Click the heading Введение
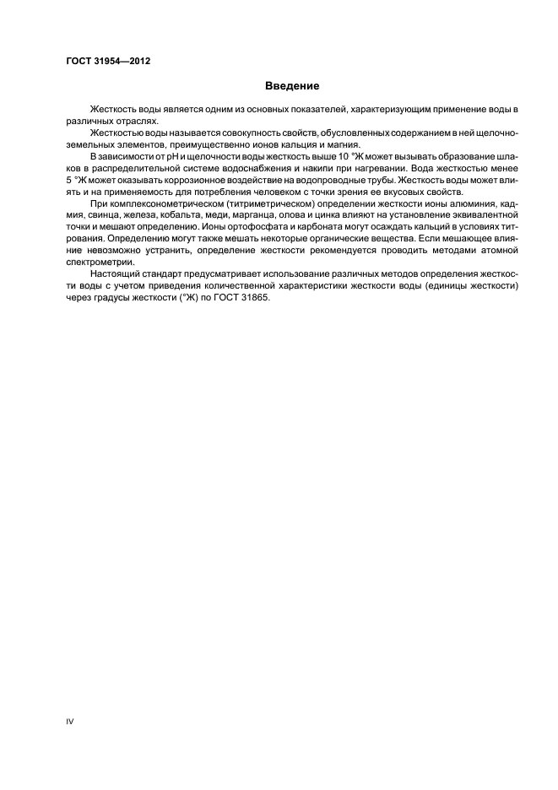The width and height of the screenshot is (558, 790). pos(292,86)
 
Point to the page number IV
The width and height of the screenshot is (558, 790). pos(70,722)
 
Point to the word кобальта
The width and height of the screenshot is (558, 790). pos(175,216)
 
